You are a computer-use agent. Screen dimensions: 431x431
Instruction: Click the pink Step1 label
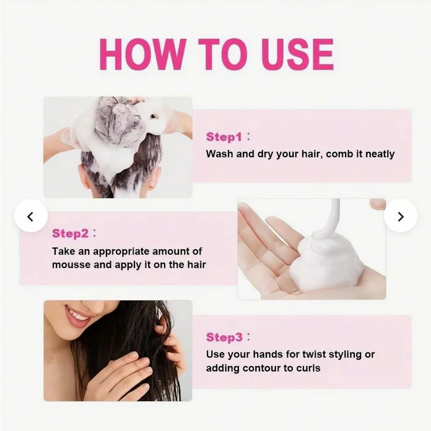click(224, 137)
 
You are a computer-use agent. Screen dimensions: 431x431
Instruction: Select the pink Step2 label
click(71, 233)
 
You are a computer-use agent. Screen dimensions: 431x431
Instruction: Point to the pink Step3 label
click(224, 337)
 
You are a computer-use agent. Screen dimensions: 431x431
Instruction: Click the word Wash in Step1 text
click(220, 154)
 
